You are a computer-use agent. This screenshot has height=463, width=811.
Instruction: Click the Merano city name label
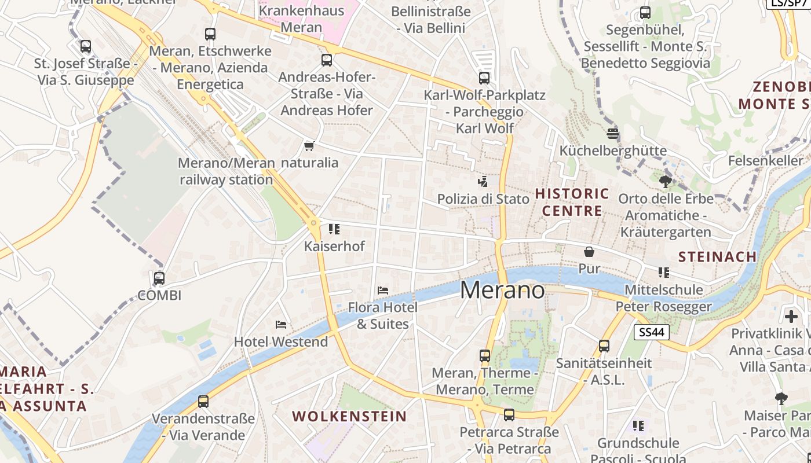[502, 290]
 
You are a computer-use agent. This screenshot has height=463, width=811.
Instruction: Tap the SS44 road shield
[652, 332]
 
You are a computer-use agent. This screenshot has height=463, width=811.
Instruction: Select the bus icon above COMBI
[159, 278]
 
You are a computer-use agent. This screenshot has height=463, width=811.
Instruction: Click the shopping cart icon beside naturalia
[309, 146]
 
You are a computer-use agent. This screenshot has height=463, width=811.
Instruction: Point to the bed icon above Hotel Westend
[282, 324]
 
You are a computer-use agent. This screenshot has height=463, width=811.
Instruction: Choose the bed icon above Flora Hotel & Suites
[382, 290]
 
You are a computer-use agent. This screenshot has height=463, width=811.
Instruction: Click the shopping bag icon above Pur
[589, 252]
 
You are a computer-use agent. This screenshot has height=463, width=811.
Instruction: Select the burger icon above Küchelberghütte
[613, 134]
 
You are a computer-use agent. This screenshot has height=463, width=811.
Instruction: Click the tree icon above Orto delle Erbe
[665, 182]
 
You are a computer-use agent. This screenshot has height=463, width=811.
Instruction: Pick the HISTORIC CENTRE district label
[572, 202]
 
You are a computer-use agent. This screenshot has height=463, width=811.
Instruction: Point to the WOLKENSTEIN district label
[349, 416]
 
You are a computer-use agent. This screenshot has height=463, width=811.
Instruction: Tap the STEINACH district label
[717, 256]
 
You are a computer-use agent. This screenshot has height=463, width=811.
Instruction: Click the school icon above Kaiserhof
[334, 229]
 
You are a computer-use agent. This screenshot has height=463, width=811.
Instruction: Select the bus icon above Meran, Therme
[485, 356]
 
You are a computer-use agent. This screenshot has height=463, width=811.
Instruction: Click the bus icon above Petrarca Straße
[509, 415]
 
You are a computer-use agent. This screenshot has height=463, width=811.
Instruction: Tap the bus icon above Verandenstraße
[203, 401]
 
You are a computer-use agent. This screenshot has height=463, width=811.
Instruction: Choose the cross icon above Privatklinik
[791, 317]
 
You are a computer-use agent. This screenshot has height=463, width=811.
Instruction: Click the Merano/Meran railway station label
[226, 171]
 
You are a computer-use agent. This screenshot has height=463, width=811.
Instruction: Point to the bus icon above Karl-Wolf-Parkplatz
[484, 78]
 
